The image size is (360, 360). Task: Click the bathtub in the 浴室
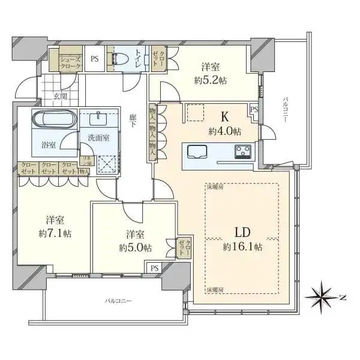click(53, 120)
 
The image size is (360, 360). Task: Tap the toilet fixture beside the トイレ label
click(119, 58)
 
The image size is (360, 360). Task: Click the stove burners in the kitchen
click(244, 151)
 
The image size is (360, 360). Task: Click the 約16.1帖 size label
click(242, 246)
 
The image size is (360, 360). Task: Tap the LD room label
click(243, 232)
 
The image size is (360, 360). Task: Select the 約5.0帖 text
click(135, 247)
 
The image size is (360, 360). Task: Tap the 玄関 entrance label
click(59, 96)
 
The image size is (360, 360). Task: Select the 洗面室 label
click(98, 137)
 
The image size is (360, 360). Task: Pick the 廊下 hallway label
click(134, 119)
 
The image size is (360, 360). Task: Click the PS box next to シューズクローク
click(94, 59)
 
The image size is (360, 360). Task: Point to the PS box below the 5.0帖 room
click(154, 268)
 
